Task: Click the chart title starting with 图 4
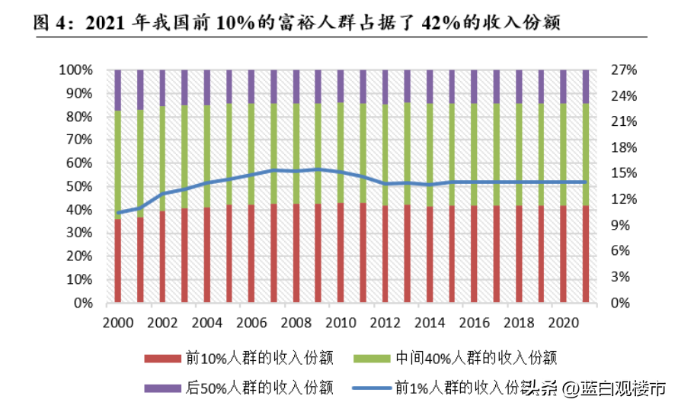click(x=296, y=22)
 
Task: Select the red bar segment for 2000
click(x=117, y=260)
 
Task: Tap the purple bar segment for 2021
click(x=586, y=87)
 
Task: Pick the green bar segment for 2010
click(x=341, y=153)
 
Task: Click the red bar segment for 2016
click(x=475, y=254)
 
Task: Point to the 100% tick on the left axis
click(x=75, y=69)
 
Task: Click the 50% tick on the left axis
click(x=79, y=186)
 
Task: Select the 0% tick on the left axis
click(x=83, y=303)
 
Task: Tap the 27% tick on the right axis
click(x=624, y=69)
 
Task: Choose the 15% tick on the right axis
click(x=624, y=173)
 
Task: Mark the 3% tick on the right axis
click(x=621, y=277)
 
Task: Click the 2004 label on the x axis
click(x=206, y=323)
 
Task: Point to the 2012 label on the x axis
click(x=385, y=323)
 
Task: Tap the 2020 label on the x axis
click(x=564, y=323)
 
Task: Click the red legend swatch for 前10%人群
click(x=162, y=359)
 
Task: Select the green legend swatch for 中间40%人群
click(x=372, y=359)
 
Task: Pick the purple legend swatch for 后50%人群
click(x=162, y=388)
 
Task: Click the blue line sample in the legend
click(x=372, y=388)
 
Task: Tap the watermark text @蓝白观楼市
click(x=615, y=388)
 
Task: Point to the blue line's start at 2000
click(x=118, y=213)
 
